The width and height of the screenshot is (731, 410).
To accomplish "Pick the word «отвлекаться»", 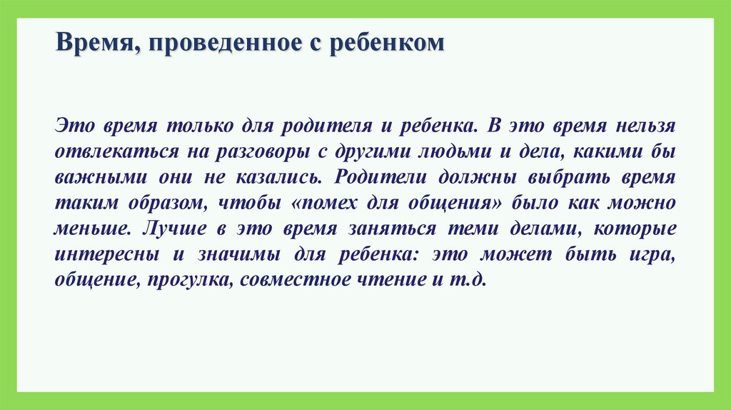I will point(110,152).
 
